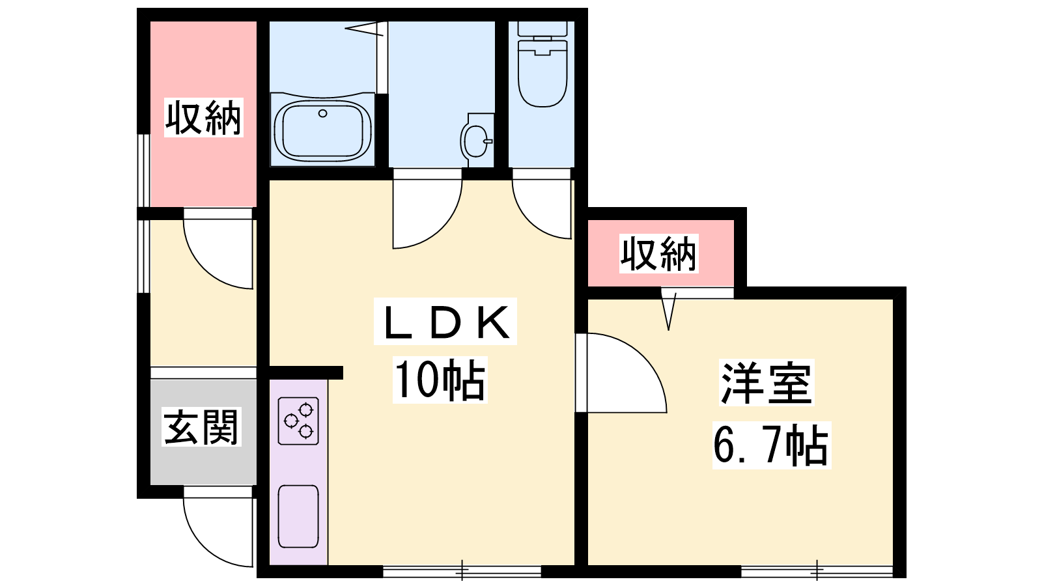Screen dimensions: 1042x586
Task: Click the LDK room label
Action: (x=445, y=322)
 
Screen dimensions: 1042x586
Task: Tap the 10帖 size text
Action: (x=440, y=380)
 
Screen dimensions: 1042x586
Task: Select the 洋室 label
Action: (x=766, y=383)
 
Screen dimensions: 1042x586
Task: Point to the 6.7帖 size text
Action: (x=771, y=445)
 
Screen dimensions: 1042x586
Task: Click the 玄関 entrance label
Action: (x=201, y=427)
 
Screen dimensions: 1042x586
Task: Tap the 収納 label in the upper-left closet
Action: (x=204, y=118)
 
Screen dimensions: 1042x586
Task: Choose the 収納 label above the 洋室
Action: (x=658, y=253)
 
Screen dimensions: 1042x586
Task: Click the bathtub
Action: (x=322, y=130)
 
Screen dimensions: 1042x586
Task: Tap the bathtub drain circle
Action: (x=322, y=113)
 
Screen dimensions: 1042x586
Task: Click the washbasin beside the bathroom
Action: (x=476, y=141)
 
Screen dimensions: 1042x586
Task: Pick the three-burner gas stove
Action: (x=298, y=421)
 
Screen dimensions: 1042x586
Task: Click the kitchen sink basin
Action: (x=298, y=516)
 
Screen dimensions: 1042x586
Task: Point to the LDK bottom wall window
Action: (x=462, y=571)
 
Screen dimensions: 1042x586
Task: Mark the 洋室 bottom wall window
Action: (x=817, y=571)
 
